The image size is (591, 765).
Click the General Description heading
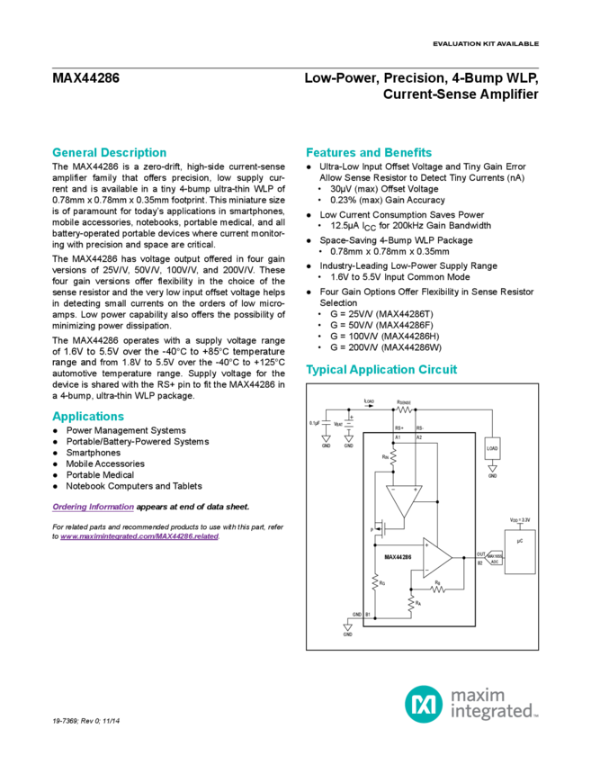click(x=109, y=152)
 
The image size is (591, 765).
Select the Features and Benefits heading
click(x=369, y=152)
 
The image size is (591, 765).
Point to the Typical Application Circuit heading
click(x=382, y=370)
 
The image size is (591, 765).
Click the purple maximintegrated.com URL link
click(x=139, y=535)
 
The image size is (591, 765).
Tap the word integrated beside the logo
click(x=495, y=712)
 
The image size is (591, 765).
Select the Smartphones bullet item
click(x=94, y=453)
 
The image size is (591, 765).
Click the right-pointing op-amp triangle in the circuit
click(x=438, y=560)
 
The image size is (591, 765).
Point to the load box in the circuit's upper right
click(x=491, y=447)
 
